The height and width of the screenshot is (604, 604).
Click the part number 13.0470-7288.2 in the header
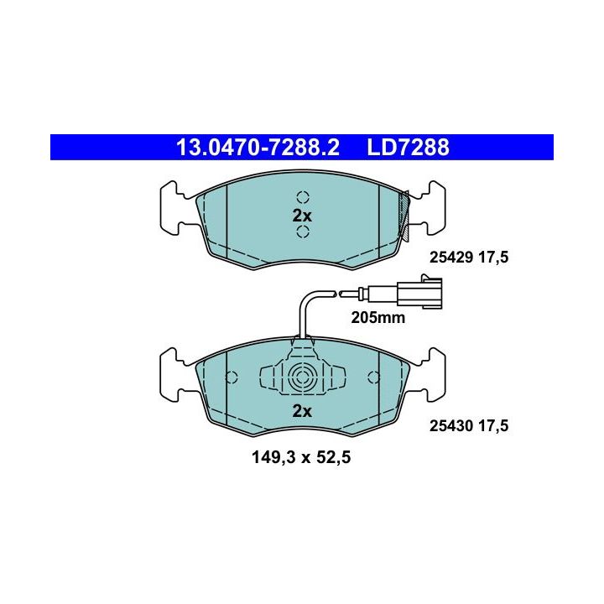coord(258,148)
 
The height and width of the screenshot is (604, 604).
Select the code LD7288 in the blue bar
coord(408,148)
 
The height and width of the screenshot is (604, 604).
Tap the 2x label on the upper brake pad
coord(302,216)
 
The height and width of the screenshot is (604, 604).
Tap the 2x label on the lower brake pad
coord(302,411)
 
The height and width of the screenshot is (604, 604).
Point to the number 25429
coord(451,257)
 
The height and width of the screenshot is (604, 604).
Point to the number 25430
coord(451,425)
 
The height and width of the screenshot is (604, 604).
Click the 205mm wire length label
coord(377,318)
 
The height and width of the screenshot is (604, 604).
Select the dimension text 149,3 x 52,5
coord(301,457)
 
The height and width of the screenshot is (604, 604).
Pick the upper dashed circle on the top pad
coord(303,197)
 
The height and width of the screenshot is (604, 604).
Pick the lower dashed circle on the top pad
coord(303,232)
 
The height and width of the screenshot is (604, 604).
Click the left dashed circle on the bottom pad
coord(232,377)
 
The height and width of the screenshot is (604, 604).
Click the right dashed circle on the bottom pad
coord(373,377)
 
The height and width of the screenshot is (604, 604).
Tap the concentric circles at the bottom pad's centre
coord(302,377)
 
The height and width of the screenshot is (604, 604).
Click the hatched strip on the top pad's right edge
coord(404,216)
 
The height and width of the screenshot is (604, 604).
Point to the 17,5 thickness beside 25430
coord(493,426)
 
